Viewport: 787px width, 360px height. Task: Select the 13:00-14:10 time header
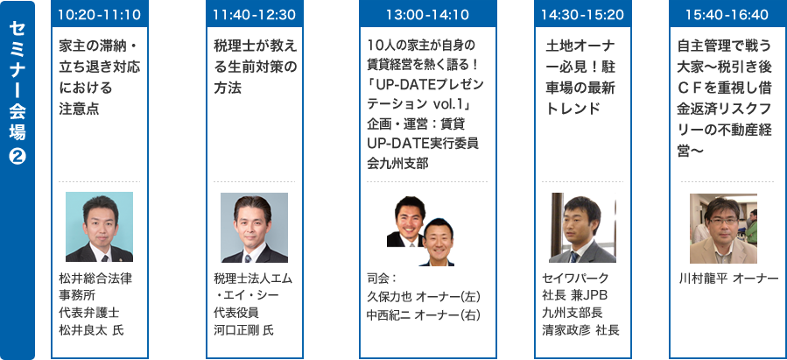tap(426, 15)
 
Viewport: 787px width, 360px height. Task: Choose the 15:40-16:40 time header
tap(726, 15)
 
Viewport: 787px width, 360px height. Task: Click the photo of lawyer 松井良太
tap(99, 227)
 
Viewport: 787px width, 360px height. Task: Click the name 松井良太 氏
tap(92, 329)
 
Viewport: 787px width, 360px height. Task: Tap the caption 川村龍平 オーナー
tap(728, 279)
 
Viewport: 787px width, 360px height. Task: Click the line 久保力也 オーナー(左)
tap(418, 296)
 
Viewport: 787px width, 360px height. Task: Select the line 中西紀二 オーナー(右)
tap(418, 313)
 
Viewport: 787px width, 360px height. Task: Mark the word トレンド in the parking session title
tap(572, 109)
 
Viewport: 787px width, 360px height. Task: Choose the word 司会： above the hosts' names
tap(383, 279)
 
